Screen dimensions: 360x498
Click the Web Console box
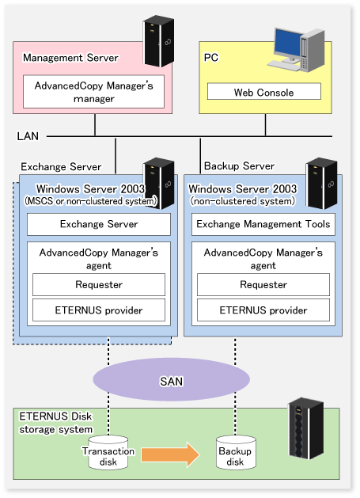click(263, 92)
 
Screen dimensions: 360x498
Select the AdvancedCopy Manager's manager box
click(93, 92)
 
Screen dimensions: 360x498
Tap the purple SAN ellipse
click(172, 379)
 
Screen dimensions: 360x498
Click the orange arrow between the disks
click(170, 454)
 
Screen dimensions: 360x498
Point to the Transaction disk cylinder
click(108, 453)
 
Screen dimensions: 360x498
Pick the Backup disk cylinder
click(236, 453)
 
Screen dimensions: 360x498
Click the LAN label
click(28, 136)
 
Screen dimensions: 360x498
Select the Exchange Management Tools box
click(263, 224)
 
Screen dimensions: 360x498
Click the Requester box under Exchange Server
click(99, 284)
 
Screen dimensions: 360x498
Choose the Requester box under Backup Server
click(263, 284)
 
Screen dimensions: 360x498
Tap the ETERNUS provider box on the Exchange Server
click(99, 310)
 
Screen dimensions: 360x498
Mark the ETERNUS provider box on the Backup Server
click(263, 310)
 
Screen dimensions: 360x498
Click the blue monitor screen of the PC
click(288, 44)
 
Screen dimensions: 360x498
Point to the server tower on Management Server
click(159, 41)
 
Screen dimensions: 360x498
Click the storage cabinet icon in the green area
click(305, 428)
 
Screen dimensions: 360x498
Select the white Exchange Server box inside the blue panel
click(99, 224)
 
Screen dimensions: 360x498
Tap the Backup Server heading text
click(239, 165)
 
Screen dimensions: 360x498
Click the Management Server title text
click(70, 58)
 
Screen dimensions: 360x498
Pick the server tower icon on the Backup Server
click(321, 183)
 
